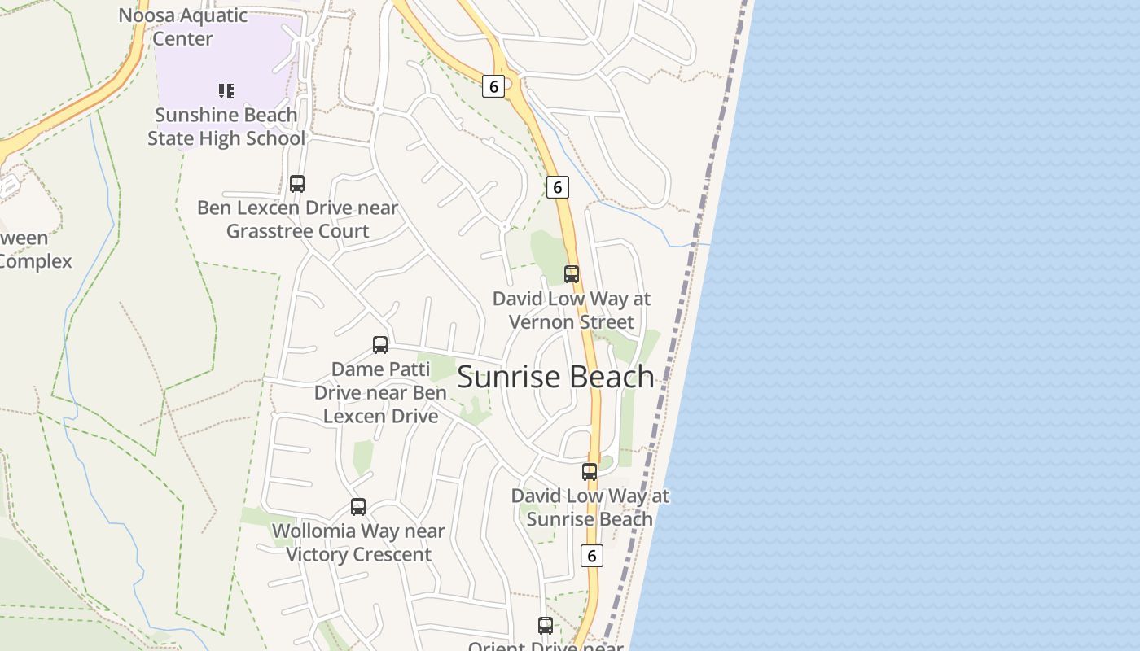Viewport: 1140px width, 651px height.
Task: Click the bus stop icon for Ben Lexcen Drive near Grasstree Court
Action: [297, 184]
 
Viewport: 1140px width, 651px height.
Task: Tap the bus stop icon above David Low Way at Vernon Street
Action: [572, 274]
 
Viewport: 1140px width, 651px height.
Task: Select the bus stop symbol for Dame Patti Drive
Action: [380, 345]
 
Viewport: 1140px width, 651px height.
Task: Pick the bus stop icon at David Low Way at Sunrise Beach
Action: [590, 472]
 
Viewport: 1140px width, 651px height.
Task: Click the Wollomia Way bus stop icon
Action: [358, 507]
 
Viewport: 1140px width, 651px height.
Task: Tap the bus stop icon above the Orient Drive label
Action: [546, 626]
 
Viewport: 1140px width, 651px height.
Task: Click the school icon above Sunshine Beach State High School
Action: [226, 90]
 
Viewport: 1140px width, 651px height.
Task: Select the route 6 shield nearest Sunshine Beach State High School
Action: [493, 85]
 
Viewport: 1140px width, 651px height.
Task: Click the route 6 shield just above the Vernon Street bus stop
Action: [557, 187]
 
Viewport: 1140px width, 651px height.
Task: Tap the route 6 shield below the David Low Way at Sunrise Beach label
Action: [591, 556]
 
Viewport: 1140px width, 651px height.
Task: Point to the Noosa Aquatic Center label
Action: [183, 27]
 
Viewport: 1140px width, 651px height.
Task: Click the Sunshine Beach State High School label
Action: [226, 127]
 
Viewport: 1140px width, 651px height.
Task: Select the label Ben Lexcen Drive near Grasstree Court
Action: [298, 220]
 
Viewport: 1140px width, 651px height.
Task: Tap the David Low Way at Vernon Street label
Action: [572, 310]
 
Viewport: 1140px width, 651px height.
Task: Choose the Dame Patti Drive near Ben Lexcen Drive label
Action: [380, 392]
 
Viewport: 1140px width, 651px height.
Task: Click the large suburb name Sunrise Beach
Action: [556, 377]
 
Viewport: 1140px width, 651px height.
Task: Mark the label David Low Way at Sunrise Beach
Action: [590, 507]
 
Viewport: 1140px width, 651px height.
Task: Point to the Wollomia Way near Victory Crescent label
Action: [358, 543]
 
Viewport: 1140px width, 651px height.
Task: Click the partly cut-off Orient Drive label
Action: [546, 645]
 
